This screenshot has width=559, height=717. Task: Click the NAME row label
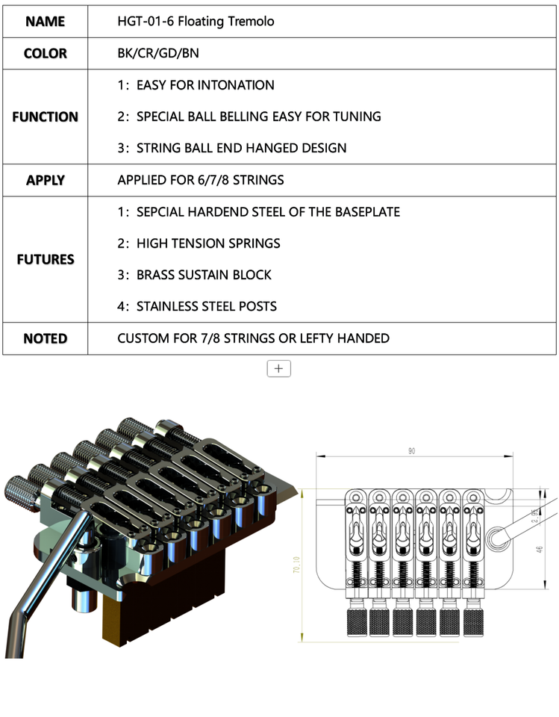[45, 22]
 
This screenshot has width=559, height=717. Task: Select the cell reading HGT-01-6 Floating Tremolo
[196, 22]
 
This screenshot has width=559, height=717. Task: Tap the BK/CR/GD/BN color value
[158, 54]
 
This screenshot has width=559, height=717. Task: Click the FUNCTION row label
[45, 117]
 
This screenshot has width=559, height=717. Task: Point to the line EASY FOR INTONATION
[196, 85]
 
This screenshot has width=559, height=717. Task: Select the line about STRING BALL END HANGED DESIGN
[232, 148]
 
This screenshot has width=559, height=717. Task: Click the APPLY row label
[45, 180]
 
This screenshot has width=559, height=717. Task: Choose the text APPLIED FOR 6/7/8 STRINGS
[200, 180]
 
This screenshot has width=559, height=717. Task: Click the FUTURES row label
[45, 259]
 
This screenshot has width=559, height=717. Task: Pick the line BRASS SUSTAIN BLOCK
[194, 275]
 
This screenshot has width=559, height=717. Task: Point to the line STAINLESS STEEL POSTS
[197, 306]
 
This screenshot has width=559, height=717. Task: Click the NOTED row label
[45, 338]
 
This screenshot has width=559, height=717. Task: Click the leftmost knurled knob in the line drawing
[355, 622]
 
